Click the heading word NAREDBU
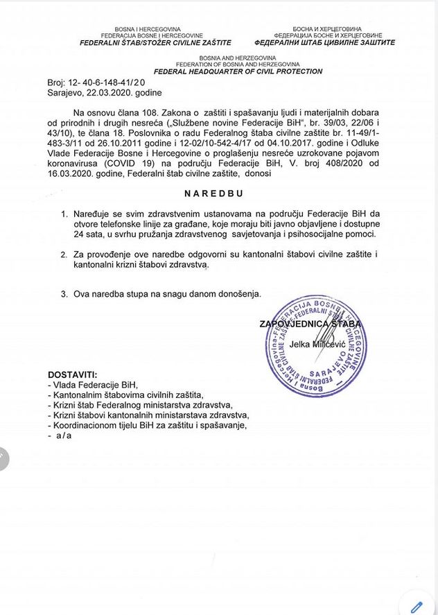(x=215, y=194)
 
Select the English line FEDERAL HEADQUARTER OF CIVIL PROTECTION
(x=238, y=71)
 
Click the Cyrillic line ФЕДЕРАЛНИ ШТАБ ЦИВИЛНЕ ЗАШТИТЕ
(x=334, y=42)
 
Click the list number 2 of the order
(x=63, y=256)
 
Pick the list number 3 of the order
(x=63, y=293)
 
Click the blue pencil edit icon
(x=417, y=607)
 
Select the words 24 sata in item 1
(x=89, y=234)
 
